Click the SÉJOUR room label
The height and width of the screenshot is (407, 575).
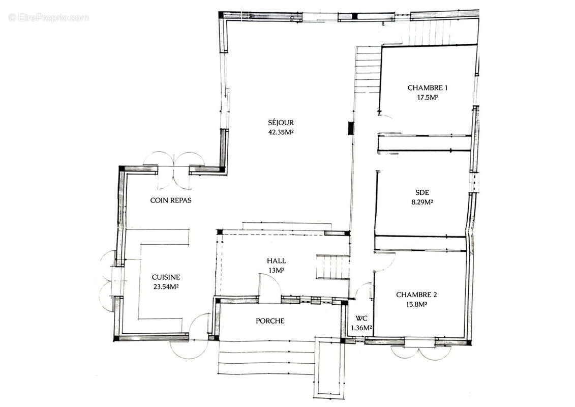tap(281, 123)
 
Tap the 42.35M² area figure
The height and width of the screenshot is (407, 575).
tap(281, 132)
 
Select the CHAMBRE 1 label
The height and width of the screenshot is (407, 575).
tap(428, 88)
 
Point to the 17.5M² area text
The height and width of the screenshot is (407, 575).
tap(428, 97)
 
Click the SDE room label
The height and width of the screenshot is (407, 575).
tap(422, 192)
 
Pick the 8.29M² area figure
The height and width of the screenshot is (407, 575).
tap(422, 202)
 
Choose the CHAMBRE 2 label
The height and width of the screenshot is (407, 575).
tap(416, 295)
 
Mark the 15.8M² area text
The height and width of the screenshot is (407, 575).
tap(416, 304)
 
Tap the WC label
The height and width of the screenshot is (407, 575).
tap(361, 318)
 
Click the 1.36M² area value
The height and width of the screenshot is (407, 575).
tap(361, 328)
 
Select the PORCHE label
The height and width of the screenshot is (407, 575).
tap(270, 321)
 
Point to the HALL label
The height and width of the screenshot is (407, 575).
tap(277, 261)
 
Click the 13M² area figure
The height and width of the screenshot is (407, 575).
tap(277, 271)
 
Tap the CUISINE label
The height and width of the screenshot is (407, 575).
tap(166, 277)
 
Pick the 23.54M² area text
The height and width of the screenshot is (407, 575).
tap(166, 287)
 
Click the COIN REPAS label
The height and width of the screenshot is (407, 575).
tap(171, 200)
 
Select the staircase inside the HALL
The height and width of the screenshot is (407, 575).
tap(332, 267)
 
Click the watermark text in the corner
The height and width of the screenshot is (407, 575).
tap(48, 17)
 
